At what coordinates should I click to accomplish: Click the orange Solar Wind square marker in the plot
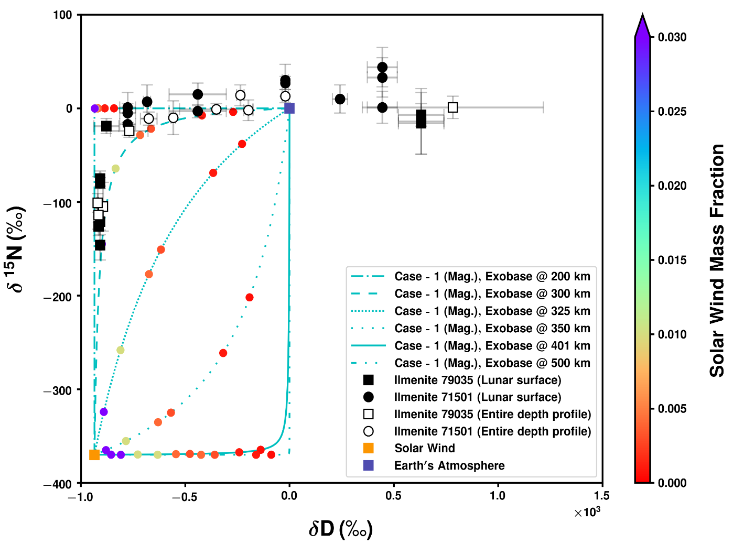[94, 455]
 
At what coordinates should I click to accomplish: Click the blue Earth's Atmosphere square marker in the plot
[289, 108]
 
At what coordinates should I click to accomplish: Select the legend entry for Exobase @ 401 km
[492, 346]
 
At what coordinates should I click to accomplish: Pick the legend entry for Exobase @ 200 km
[492, 277]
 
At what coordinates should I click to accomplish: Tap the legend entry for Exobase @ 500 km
[492, 363]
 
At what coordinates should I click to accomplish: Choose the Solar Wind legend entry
[424, 449]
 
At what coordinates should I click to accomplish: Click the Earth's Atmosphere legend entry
[449, 466]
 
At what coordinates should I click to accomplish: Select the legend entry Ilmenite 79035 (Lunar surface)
[477, 380]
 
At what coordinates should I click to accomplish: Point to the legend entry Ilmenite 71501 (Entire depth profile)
[492, 431]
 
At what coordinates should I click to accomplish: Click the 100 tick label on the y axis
[62, 15]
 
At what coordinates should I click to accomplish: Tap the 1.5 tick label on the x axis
[602, 496]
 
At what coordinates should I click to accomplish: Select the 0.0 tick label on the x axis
[289, 496]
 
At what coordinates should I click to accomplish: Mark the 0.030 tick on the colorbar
[672, 37]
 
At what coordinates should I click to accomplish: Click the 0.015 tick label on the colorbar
[672, 260]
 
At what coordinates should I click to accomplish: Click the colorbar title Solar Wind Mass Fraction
[717, 260]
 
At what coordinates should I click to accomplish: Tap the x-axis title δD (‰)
[341, 529]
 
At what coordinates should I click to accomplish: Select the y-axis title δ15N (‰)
[15, 249]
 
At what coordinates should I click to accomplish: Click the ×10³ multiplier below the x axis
[587, 513]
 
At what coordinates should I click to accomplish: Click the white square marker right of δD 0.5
[453, 107]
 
